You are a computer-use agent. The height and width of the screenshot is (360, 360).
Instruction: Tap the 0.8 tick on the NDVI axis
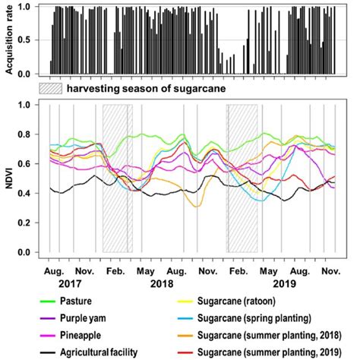(32, 134)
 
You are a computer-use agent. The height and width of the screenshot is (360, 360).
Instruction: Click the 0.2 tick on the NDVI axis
(32, 223)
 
